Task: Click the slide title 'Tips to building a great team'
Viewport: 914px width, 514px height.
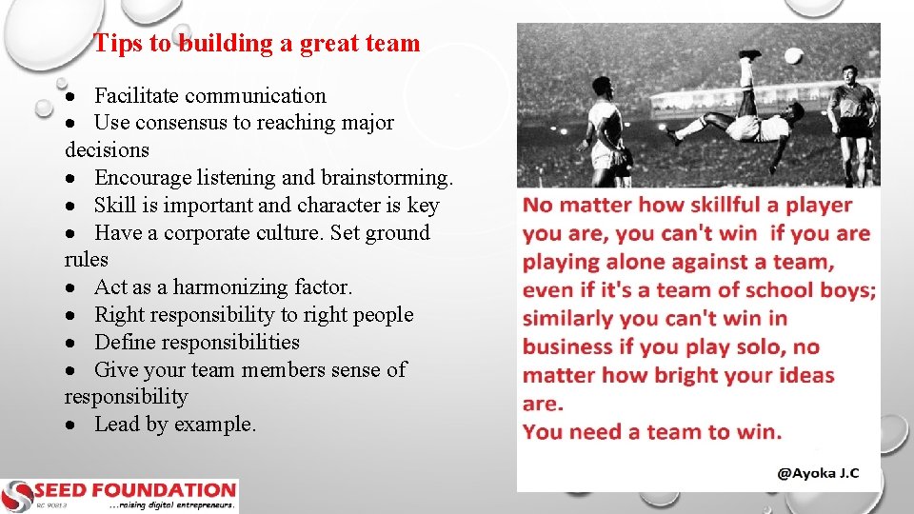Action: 257,43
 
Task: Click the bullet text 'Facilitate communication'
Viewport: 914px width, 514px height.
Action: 209,95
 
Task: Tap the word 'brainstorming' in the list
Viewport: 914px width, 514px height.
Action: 386,178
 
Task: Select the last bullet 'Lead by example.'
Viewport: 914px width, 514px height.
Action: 175,425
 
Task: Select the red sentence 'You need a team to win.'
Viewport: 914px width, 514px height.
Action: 652,431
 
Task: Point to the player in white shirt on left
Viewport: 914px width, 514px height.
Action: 605,128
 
